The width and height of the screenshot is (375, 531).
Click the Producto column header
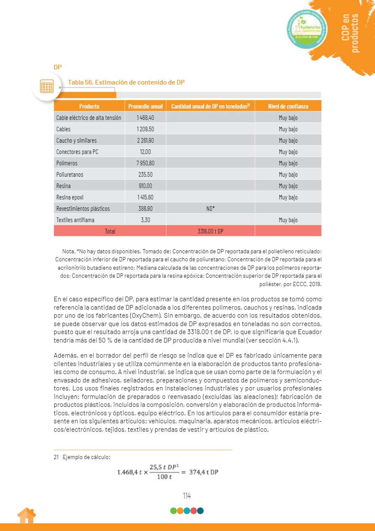(89, 106)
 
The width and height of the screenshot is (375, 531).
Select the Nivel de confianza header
(288, 106)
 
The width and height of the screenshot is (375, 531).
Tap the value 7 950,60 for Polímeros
(145, 163)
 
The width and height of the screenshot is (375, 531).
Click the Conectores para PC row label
(77, 152)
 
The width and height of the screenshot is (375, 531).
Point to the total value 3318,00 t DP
(211, 231)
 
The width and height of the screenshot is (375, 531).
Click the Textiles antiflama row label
(75, 220)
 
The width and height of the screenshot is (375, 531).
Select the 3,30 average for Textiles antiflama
(145, 220)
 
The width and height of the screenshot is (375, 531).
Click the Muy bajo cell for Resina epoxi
(288, 197)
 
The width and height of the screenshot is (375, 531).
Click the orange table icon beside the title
(47, 86)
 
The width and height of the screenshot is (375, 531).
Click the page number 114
(187, 496)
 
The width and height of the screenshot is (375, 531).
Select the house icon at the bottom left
(26, 516)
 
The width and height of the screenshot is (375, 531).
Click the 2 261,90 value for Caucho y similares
(145, 141)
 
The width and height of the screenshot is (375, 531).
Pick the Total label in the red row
(110, 231)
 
